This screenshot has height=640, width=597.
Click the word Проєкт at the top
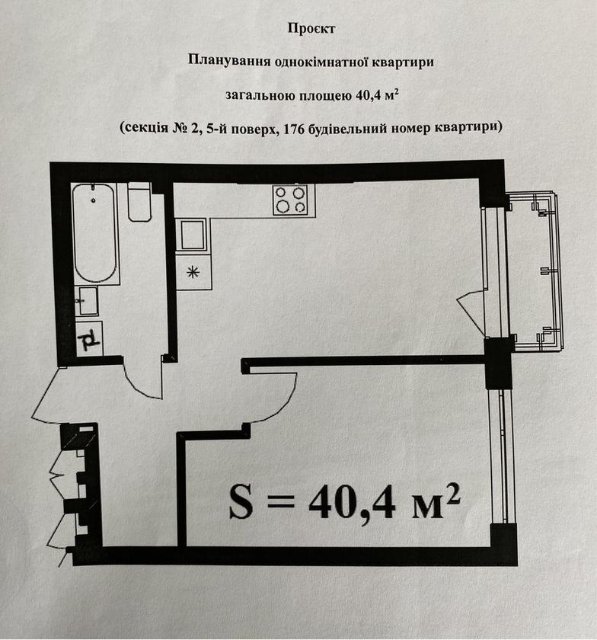pos(311,29)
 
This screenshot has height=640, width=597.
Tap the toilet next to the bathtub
pos(139,202)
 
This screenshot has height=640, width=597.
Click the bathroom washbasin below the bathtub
pos(87,301)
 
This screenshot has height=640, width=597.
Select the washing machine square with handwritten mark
pos(89,339)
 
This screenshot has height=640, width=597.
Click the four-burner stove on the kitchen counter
pos(294,199)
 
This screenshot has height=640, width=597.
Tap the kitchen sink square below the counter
pos(193,235)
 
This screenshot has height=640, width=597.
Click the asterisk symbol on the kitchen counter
pos(193,272)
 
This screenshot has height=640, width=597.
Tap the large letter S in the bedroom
pos(241,503)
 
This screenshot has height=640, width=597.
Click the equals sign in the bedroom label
pos(281,502)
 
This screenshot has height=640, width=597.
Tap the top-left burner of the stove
pos(282,193)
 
